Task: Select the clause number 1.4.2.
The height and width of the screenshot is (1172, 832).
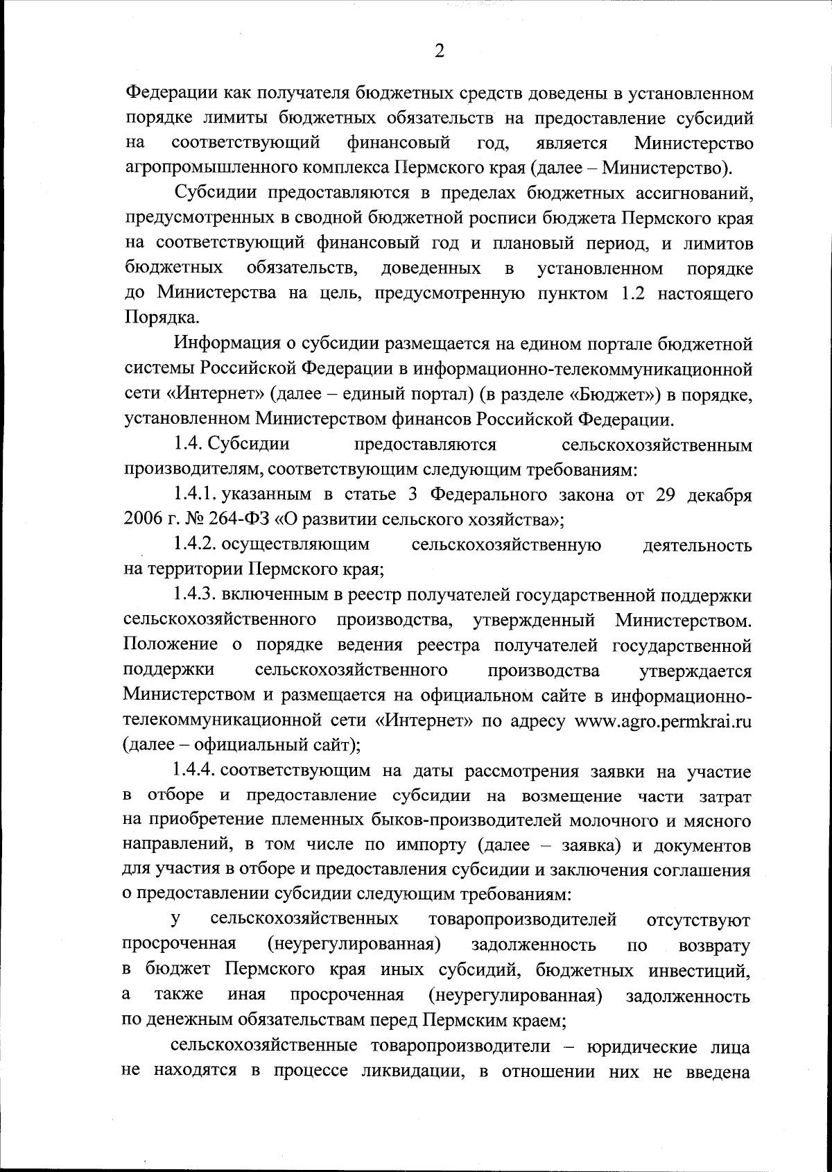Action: [x=197, y=545]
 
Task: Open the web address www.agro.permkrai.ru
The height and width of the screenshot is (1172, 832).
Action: [x=664, y=721]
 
